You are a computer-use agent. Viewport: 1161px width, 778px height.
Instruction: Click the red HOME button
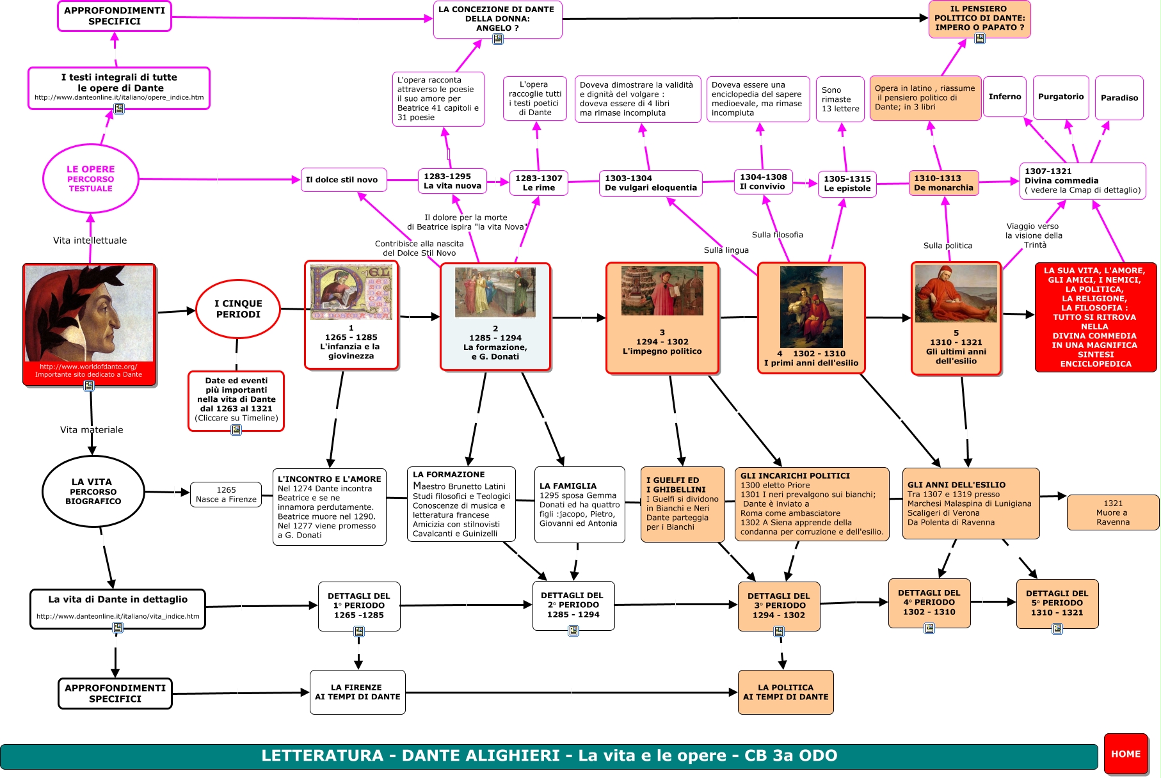click(x=1125, y=754)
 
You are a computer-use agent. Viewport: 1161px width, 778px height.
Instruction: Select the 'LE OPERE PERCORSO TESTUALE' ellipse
click(x=90, y=179)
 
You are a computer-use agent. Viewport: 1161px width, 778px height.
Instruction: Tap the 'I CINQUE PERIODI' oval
click(x=238, y=309)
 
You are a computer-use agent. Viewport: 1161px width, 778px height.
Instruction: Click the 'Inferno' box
click(x=1005, y=97)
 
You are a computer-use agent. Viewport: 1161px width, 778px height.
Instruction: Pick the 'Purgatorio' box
click(x=1061, y=97)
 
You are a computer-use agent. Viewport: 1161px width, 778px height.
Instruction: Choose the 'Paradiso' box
click(x=1119, y=98)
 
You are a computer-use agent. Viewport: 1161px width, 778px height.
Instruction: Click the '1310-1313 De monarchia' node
click(x=943, y=182)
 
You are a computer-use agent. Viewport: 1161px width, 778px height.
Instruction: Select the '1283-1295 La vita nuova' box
click(x=452, y=181)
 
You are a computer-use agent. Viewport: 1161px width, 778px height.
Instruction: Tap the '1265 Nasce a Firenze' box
click(x=226, y=495)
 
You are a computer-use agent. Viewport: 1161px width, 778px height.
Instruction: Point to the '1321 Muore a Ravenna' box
click(x=1112, y=512)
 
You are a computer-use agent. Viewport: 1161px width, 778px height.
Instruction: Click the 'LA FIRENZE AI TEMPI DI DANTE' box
click(x=357, y=692)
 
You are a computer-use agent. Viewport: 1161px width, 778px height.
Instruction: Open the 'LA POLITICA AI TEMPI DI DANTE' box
click(x=785, y=692)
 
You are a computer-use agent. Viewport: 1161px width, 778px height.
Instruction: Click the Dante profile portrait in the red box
click(x=89, y=314)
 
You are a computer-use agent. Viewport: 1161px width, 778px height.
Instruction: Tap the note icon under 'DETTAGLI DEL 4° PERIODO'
click(x=929, y=628)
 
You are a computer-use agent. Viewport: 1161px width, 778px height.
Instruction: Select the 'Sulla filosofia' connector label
click(x=777, y=235)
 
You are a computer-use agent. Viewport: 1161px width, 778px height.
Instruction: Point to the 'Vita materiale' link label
click(x=92, y=430)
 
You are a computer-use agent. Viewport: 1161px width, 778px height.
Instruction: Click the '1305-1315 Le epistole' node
click(x=847, y=184)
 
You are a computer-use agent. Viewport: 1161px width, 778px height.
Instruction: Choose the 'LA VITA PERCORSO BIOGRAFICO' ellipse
click(x=93, y=491)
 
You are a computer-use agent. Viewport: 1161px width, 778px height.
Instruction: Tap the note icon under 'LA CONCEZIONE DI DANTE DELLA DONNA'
click(x=497, y=39)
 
